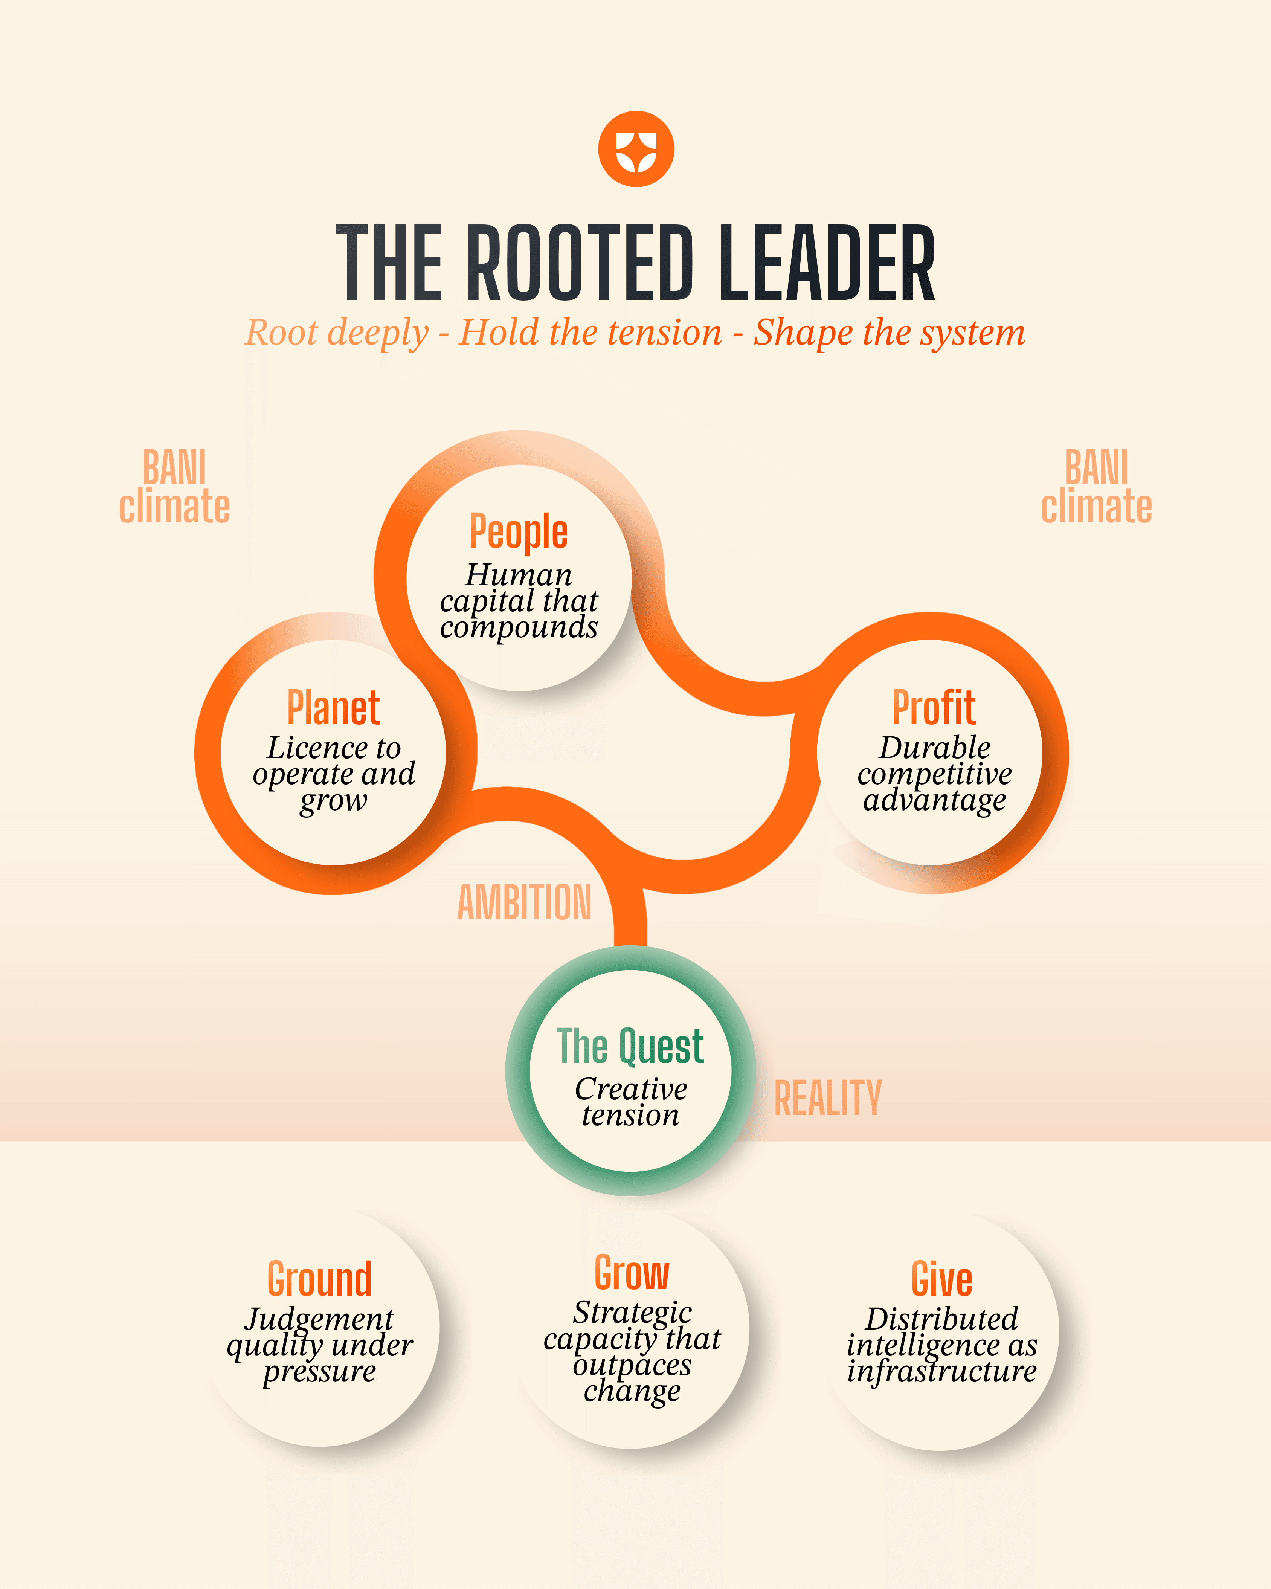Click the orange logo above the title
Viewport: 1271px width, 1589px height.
tap(636, 149)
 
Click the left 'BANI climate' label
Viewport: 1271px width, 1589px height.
tap(175, 487)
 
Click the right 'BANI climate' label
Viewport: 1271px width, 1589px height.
tap(1096, 487)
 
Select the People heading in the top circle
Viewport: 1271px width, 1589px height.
tap(519, 532)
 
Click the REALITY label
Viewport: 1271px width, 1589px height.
tap(827, 1098)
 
